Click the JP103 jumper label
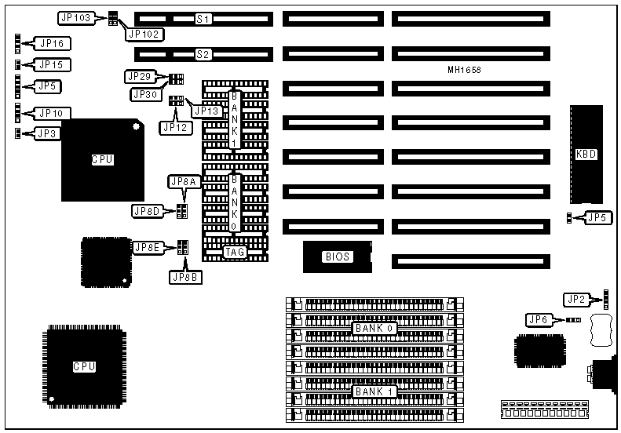point(75,16)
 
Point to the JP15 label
point(52,64)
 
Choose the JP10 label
point(52,113)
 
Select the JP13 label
point(207,111)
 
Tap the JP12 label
point(174,126)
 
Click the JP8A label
point(184,182)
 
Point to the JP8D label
point(148,211)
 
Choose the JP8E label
point(148,248)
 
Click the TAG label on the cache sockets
point(235,253)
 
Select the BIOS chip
point(337,257)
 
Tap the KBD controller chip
point(586,155)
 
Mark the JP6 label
point(541,319)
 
